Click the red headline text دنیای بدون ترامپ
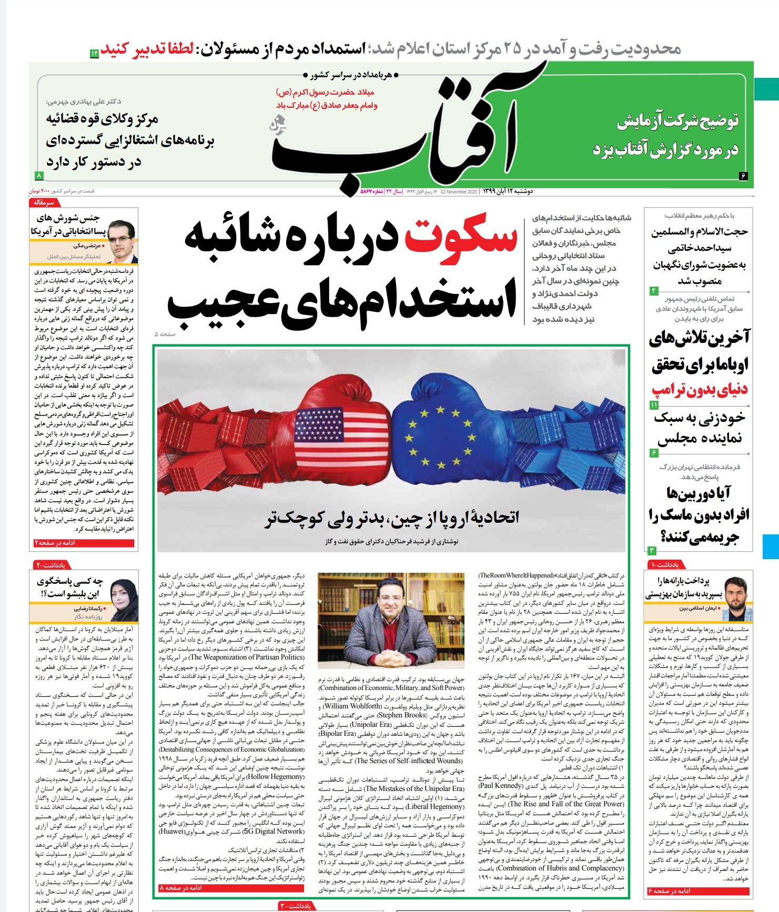(x=699, y=390)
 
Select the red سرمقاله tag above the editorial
(x=44, y=202)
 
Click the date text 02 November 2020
(x=458, y=192)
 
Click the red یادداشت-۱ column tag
(x=666, y=565)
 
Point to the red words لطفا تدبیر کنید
(x=147, y=49)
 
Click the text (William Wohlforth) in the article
(x=352, y=706)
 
